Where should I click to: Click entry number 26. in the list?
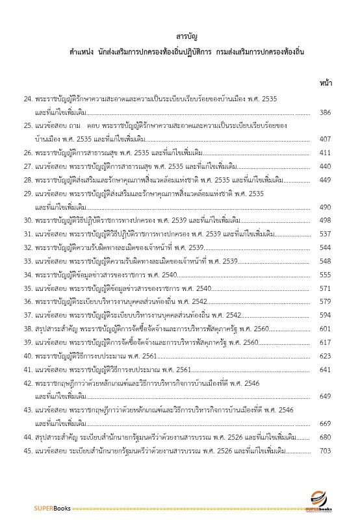point(28,153)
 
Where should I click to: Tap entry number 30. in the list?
point(28,220)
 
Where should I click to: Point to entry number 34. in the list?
point(28,275)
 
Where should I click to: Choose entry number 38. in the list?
point(28,329)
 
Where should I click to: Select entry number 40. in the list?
point(28,356)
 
